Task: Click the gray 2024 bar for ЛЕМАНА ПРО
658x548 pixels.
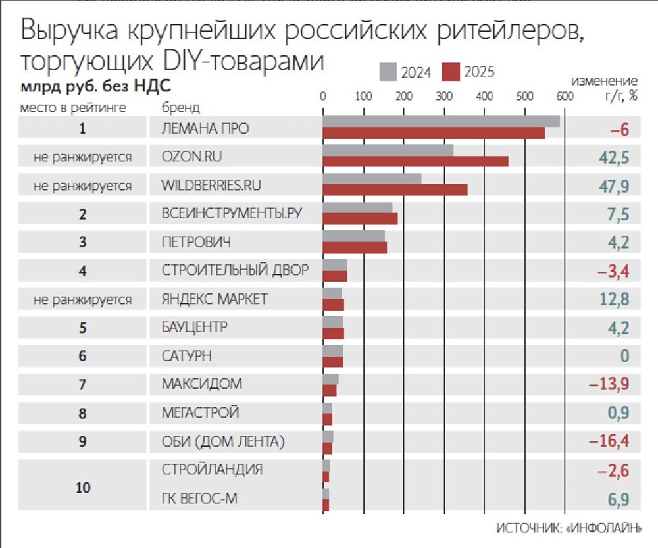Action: pos(441,122)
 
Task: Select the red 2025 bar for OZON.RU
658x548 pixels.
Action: pos(415,161)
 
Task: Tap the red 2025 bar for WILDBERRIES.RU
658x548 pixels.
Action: pos(395,190)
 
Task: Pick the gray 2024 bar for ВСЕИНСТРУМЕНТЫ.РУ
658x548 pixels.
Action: pos(357,208)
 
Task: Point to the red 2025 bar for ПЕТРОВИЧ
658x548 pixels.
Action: pos(355,248)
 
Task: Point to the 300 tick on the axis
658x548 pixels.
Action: pos(444,97)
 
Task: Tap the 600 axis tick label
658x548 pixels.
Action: pos(565,97)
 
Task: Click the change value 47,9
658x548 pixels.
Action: pos(615,186)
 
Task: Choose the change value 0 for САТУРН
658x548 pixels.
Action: pos(625,356)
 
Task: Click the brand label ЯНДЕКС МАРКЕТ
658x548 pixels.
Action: pos(215,299)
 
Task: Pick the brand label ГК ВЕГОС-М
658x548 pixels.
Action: pos(199,499)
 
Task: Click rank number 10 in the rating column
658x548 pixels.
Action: pos(83,487)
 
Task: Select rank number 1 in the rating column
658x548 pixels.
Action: pos(83,129)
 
